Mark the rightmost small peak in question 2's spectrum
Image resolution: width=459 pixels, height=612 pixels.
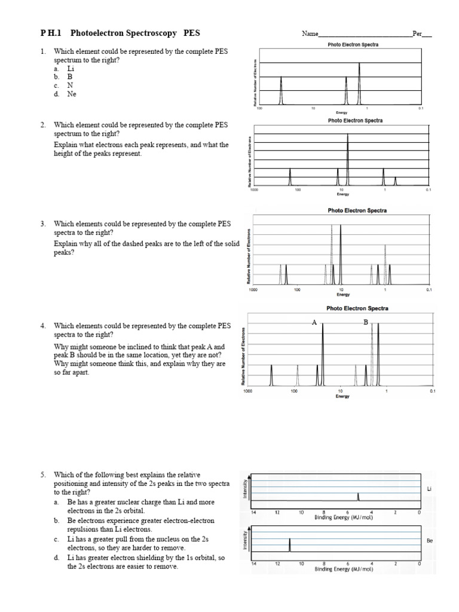[x=395, y=181]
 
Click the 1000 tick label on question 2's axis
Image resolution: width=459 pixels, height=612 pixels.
[x=254, y=190]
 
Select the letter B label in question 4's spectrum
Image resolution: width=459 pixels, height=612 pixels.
[x=366, y=322]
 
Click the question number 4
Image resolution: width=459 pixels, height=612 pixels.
[x=43, y=326]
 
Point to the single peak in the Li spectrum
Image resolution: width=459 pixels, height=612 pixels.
[x=358, y=497]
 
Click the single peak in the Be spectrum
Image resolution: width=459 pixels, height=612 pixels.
[x=290, y=545]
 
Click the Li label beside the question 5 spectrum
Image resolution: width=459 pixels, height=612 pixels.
[x=429, y=489]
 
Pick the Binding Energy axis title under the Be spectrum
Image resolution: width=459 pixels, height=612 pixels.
[x=344, y=569]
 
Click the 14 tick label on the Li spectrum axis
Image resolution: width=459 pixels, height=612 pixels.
[x=253, y=512]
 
